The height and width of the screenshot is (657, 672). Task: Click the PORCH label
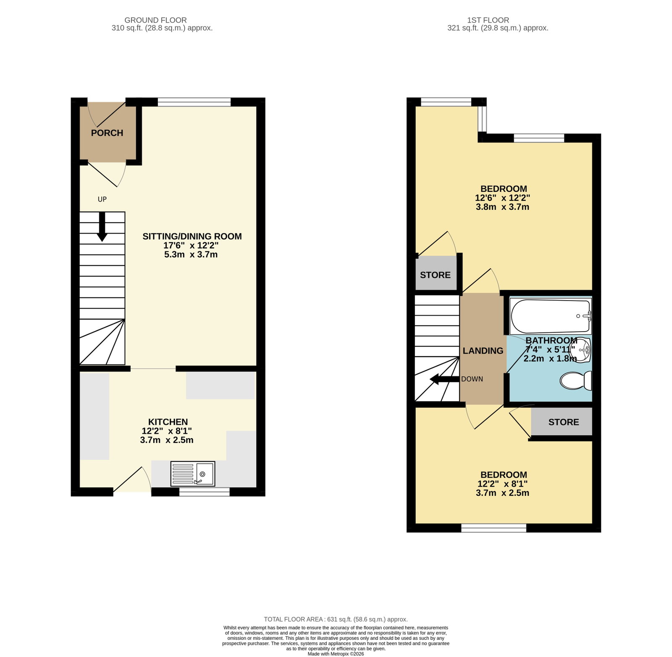click(107, 133)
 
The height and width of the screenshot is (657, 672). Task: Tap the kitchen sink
click(193, 474)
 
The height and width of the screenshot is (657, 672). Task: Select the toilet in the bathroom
click(576, 380)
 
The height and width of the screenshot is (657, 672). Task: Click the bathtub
click(550, 316)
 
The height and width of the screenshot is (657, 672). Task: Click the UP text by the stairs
click(102, 199)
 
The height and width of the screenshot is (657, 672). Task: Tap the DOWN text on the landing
click(472, 379)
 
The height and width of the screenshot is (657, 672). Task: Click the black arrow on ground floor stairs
click(102, 227)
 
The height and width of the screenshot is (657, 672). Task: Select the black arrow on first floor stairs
click(444, 380)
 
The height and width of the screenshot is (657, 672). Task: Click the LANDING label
click(483, 351)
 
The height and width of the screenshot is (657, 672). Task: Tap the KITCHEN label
click(168, 422)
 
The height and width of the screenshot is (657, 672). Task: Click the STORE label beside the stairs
click(435, 275)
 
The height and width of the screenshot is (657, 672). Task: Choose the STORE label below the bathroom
click(564, 422)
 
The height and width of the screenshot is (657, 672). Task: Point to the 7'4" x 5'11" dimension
click(550, 349)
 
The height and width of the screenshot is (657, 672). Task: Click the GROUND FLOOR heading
click(156, 20)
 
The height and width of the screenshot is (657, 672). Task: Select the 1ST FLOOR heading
click(488, 20)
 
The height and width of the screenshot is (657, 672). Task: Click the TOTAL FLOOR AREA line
click(336, 619)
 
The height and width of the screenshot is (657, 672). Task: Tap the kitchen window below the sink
click(205, 492)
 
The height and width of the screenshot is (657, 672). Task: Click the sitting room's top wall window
click(194, 102)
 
